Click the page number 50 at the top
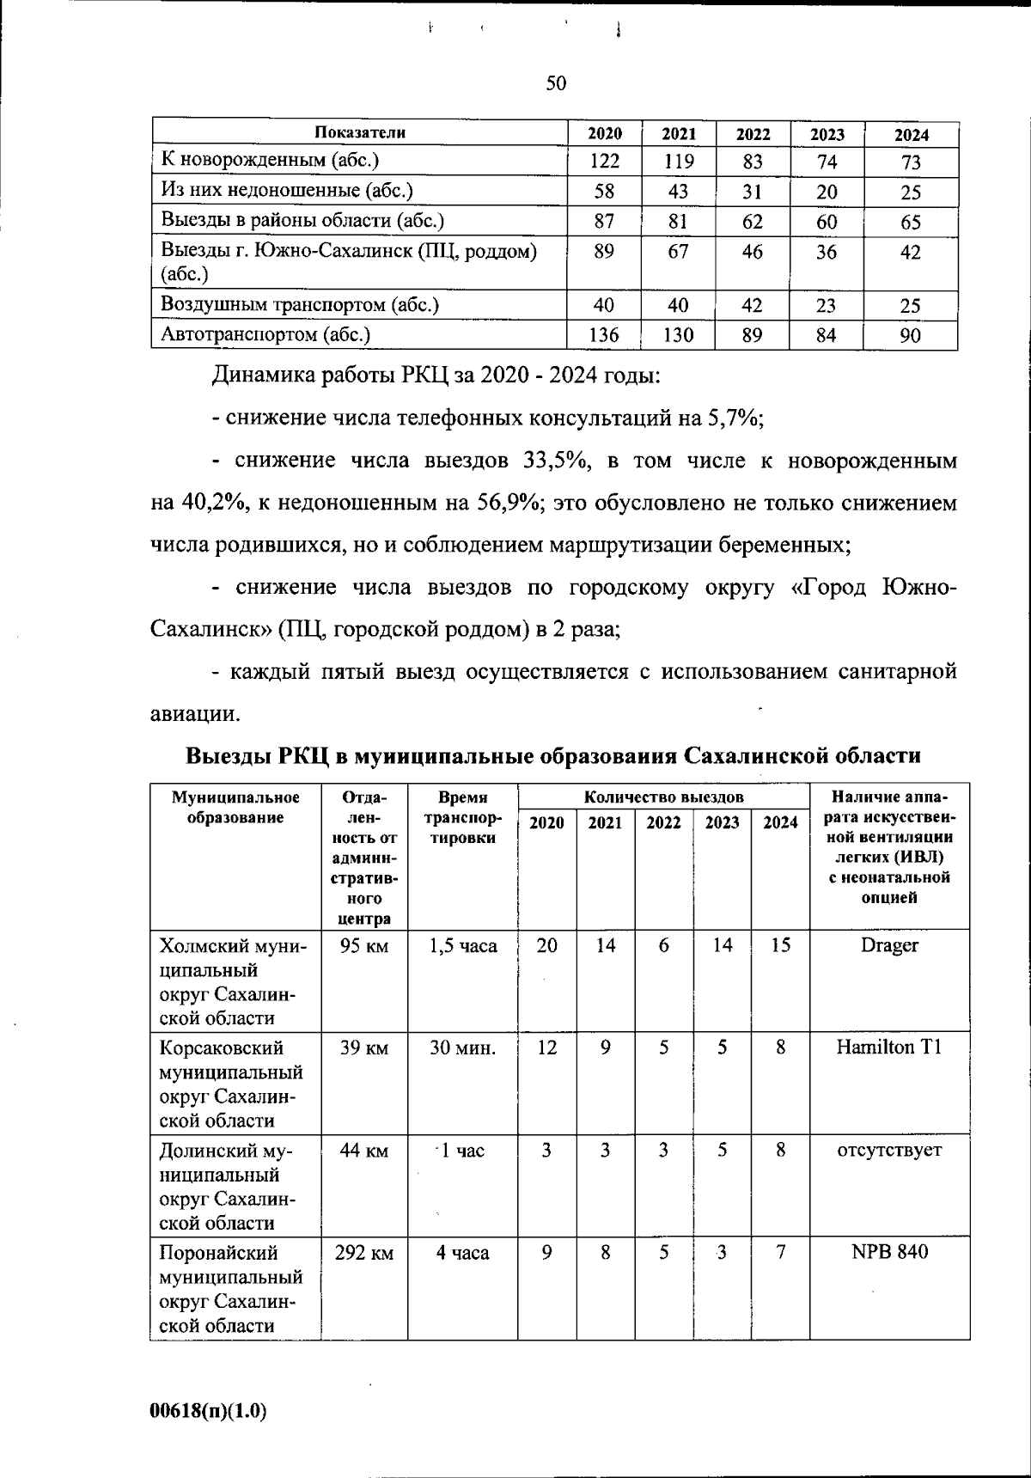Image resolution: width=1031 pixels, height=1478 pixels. [x=556, y=83]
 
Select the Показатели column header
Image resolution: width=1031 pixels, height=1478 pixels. [x=359, y=132]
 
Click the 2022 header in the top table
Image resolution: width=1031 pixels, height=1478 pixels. [x=753, y=134]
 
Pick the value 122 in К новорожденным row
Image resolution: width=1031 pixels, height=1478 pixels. [x=604, y=162]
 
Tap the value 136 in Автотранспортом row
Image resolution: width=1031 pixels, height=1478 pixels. [x=604, y=335]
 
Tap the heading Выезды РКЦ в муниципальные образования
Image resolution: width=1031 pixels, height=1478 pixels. [x=553, y=756]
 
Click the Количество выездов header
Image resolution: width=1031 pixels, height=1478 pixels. [x=663, y=797]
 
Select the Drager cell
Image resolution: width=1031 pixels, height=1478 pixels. [x=889, y=945]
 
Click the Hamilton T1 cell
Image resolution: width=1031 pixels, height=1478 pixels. [x=889, y=1047]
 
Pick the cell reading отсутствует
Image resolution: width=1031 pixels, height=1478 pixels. [x=889, y=1150]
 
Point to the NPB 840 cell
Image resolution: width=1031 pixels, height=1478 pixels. [x=889, y=1252]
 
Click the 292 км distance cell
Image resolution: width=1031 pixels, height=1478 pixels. [x=364, y=1253]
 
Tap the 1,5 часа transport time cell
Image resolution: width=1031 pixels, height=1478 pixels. [x=463, y=945]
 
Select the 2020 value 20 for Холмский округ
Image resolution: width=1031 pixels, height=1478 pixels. [x=546, y=945]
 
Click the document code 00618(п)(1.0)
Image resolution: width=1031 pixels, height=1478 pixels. [x=208, y=1410]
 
